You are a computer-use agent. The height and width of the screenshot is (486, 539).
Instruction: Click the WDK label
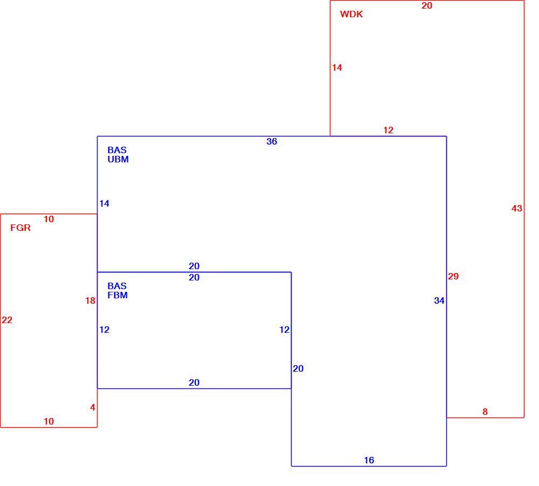pyautogui.click(x=351, y=14)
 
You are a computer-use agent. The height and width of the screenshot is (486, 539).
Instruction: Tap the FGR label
pyautogui.click(x=20, y=228)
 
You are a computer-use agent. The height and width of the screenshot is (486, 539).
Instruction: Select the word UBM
pyautogui.click(x=118, y=159)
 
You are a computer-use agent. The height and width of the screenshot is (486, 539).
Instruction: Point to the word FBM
pyautogui.click(x=118, y=295)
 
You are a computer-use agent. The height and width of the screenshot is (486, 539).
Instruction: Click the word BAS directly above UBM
pyautogui.click(x=117, y=150)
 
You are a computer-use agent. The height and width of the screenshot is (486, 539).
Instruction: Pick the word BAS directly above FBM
pyautogui.click(x=117, y=286)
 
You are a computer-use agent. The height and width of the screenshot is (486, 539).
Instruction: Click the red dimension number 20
pyautogui.click(x=426, y=5)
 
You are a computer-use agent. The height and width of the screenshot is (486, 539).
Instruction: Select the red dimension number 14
pyautogui.click(x=337, y=67)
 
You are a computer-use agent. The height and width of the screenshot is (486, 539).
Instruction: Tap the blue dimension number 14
pyautogui.click(x=104, y=203)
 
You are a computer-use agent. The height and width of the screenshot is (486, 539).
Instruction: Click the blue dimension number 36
pyautogui.click(x=272, y=141)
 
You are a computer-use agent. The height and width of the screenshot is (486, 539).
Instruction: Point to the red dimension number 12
pyautogui.click(x=388, y=130)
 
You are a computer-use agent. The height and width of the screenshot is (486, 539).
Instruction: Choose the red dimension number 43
pyautogui.click(x=517, y=208)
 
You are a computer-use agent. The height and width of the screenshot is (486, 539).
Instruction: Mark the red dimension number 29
pyautogui.click(x=453, y=276)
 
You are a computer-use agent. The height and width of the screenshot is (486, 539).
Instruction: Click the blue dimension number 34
pyautogui.click(x=439, y=300)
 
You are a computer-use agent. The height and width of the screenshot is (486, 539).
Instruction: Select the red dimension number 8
pyautogui.click(x=485, y=412)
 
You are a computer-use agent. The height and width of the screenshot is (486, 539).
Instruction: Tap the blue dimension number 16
pyautogui.click(x=369, y=460)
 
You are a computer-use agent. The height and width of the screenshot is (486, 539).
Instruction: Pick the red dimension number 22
pyautogui.click(x=7, y=320)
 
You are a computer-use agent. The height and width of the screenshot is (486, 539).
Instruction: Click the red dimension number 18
pyautogui.click(x=90, y=300)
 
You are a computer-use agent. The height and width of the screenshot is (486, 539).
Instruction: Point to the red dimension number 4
pyautogui.click(x=93, y=408)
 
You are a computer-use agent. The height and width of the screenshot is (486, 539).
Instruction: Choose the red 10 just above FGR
pyautogui.click(x=49, y=219)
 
